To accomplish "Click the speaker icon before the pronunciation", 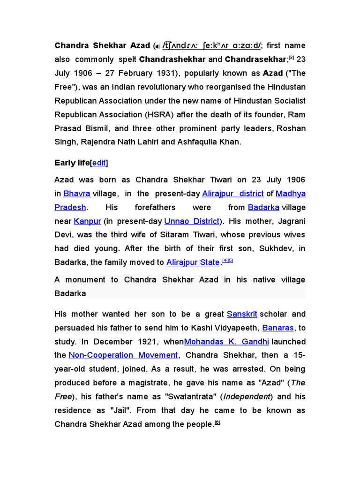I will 158,46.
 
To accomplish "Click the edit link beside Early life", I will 99,163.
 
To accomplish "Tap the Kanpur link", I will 87,221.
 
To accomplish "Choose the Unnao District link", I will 192,221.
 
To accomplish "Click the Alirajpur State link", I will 193,262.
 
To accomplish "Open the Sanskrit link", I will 242,314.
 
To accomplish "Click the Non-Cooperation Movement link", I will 123,355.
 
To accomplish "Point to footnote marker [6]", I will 217,423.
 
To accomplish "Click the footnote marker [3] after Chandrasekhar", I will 291,58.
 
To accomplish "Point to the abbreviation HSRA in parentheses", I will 154,114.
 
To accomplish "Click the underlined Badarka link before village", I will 263,207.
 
